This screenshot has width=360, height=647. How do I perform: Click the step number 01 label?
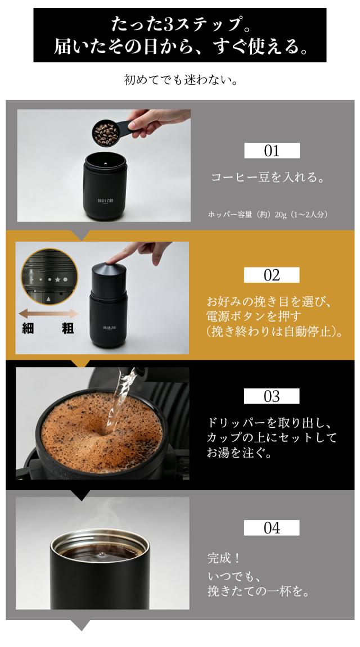(272, 151)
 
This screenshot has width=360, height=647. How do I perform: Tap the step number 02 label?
(272, 275)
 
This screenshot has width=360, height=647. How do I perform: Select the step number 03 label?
(272, 396)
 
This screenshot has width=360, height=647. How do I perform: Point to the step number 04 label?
(272, 528)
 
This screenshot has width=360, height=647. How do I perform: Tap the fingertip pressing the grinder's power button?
(111, 260)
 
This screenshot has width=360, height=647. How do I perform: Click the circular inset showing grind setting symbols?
(49, 277)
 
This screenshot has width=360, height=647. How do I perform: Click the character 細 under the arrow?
(28, 329)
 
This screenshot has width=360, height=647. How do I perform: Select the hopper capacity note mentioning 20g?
(268, 215)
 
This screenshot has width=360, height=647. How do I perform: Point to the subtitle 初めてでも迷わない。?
(181, 79)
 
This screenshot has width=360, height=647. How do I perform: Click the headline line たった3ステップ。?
(180, 25)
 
